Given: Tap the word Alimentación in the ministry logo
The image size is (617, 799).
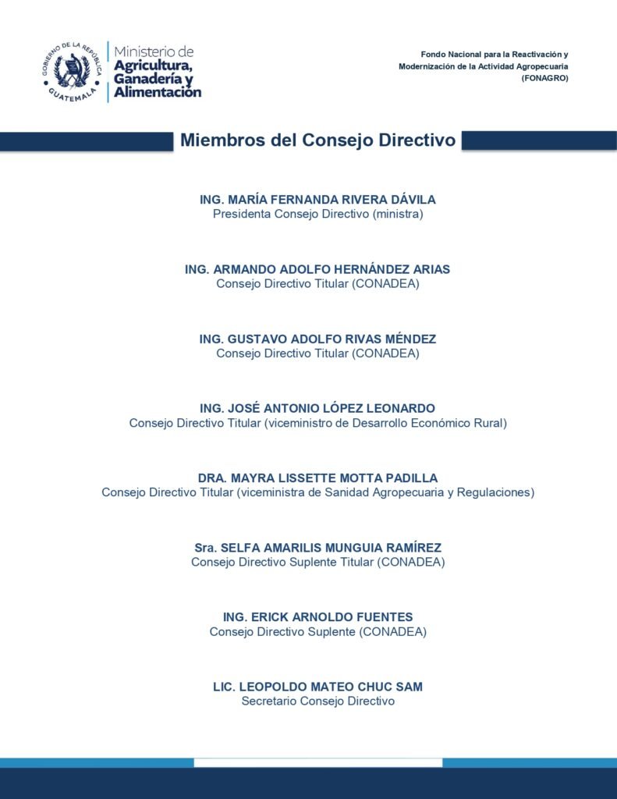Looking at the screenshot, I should [x=158, y=92].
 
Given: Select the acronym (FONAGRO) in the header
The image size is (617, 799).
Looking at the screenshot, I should [x=544, y=79].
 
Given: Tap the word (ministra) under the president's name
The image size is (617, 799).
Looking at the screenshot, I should [x=397, y=214].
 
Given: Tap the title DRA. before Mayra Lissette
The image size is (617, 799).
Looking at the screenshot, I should [x=213, y=478].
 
